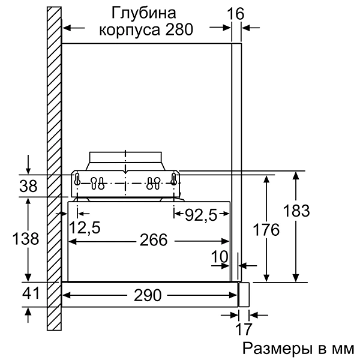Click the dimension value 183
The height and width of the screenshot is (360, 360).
[296, 211]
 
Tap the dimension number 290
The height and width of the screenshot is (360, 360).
[147, 295]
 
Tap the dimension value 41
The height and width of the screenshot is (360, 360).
[27, 295]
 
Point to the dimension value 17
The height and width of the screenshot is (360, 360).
[243, 329]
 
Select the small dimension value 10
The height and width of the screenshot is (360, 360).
[220, 256]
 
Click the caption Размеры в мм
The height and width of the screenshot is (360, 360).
[293, 349]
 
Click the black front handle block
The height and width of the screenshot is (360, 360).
[244, 295]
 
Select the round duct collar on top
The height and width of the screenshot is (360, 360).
[125, 159]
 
